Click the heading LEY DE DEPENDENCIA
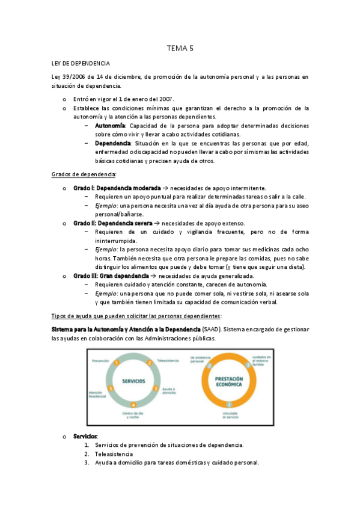coord(80,63)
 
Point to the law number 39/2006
coord(73,77)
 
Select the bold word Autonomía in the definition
coord(110,126)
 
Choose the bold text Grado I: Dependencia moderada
coord(117,188)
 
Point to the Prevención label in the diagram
coord(100,360)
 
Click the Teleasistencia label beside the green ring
coord(169,360)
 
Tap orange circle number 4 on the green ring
coord(133,404)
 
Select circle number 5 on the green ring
coord(110,389)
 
